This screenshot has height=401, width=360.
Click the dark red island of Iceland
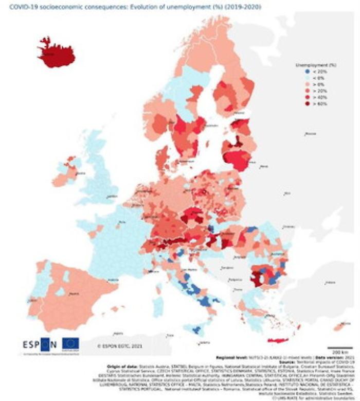point(56,54)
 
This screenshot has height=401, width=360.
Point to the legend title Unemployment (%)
point(315,65)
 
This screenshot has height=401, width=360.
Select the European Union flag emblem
point(70,343)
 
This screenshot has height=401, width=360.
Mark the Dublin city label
point(80,174)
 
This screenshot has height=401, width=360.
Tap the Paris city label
point(122,222)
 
